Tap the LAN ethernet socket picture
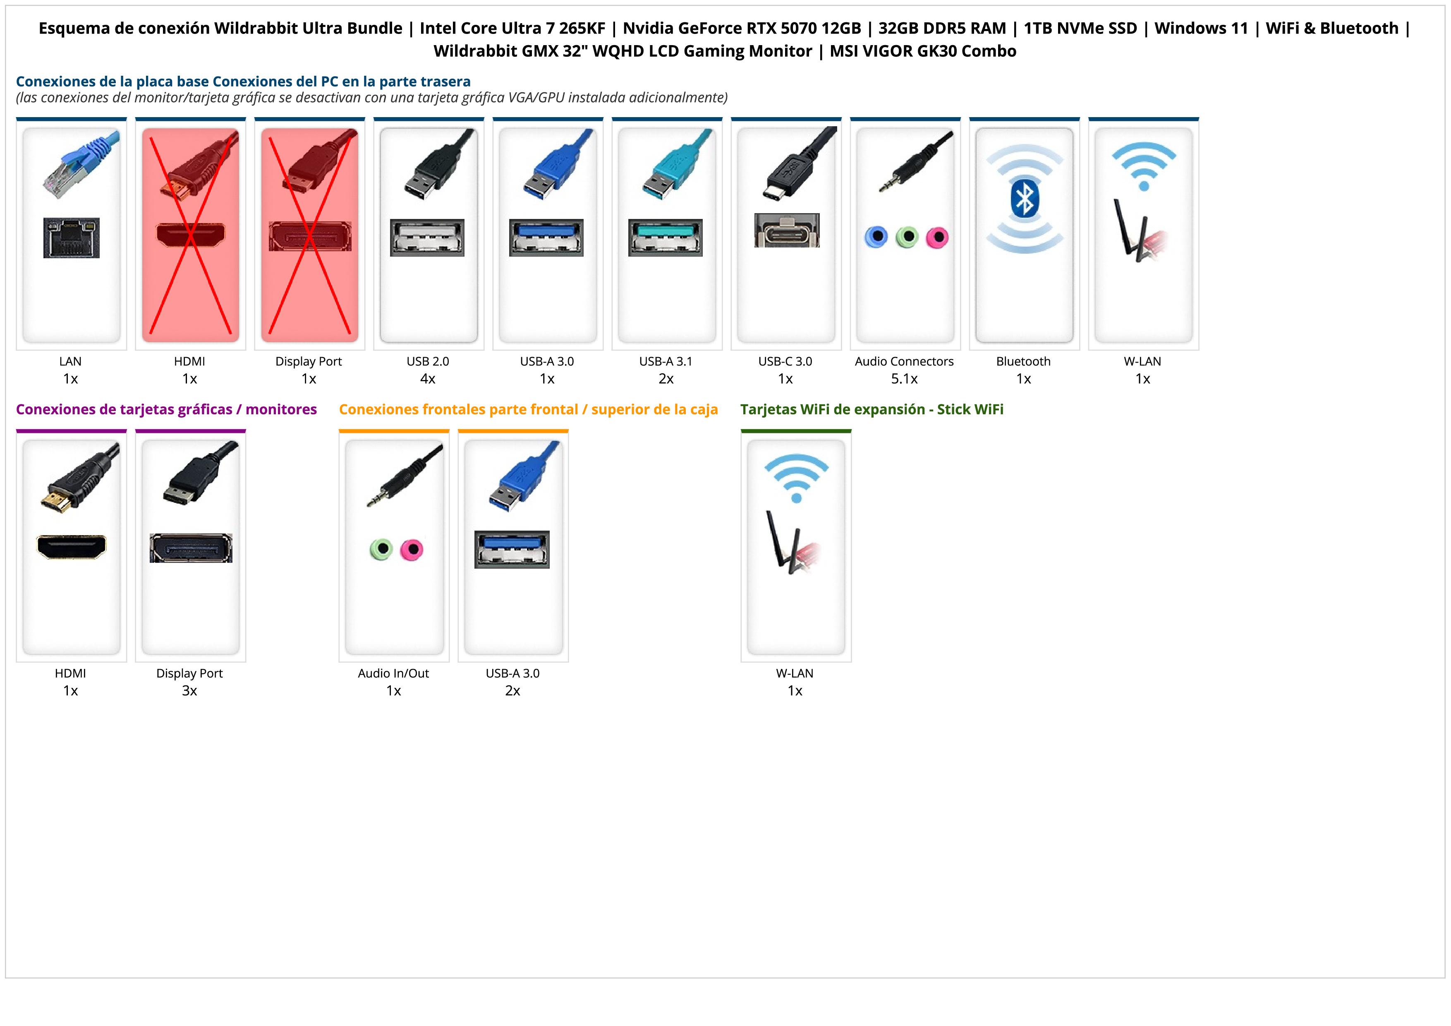[x=72, y=238]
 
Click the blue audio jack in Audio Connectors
[x=876, y=237]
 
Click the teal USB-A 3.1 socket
[x=666, y=238]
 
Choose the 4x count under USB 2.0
[x=428, y=379]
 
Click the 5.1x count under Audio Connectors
[x=904, y=379]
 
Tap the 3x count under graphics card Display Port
[x=189, y=690]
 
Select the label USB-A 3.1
[x=666, y=362]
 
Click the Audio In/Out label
[x=393, y=673]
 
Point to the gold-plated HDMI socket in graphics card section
[x=72, y=547]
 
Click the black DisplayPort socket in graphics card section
[x=191, y=548]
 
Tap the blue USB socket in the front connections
[x=512, y=549]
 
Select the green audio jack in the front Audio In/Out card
[x=381, y=549]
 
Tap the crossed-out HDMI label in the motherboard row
[x=189, y=362]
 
